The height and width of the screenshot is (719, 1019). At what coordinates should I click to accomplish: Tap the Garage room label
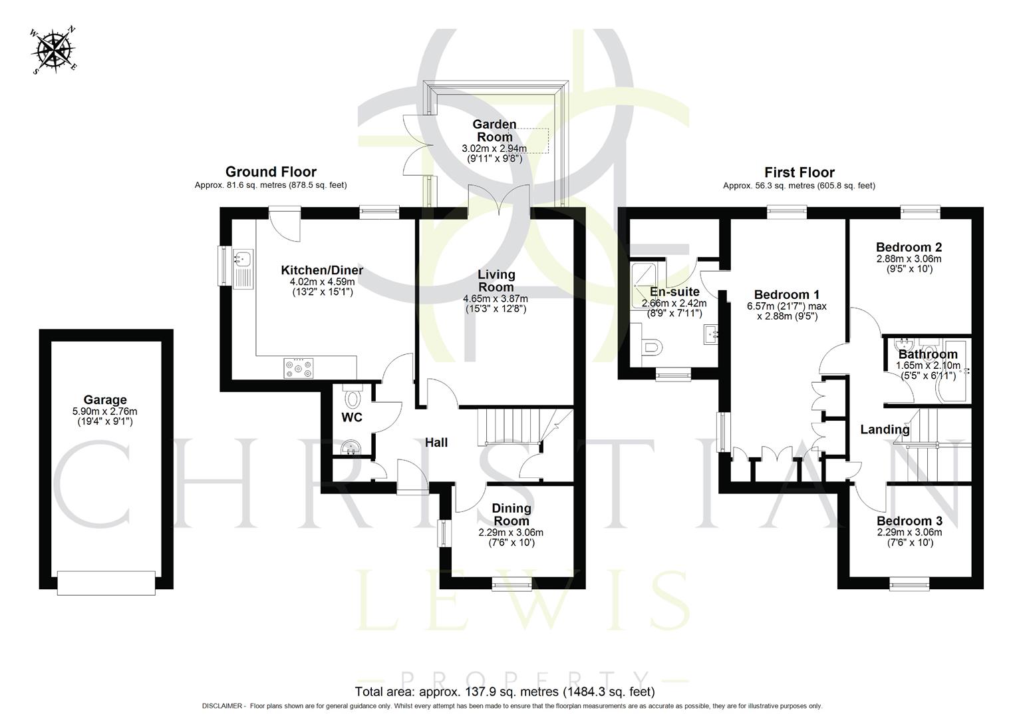click(105, 399)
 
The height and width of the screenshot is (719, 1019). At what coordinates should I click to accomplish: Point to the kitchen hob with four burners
click(299, 368)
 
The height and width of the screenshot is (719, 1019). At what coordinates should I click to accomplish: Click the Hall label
click(436, 442)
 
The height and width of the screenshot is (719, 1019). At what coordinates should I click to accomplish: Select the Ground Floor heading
click(271, 172)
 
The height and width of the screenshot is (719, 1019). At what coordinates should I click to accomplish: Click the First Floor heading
click(799, 172)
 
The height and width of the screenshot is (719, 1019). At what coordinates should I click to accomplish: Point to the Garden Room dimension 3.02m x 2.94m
click(494, 148)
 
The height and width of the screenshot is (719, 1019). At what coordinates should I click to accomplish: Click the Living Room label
click(496, 280)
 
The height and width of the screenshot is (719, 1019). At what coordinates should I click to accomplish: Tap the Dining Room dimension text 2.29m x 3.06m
click(511, 533)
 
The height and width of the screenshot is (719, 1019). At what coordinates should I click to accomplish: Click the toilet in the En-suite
click(653, 347)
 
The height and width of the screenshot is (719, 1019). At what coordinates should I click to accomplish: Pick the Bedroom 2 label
click(909, 247)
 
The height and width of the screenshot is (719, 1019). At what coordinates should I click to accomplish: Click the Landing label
click(885, 429)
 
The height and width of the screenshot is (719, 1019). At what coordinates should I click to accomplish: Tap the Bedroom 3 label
click(909, 521)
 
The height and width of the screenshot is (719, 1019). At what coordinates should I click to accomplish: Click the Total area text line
click(505, 692)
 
